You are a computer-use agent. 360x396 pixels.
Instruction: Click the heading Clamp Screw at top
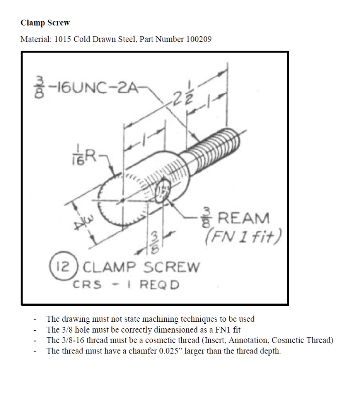pyautogui.click(x=45, y=23)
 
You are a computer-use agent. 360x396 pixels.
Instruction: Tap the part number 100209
pyautogui.click(x=199, y=39)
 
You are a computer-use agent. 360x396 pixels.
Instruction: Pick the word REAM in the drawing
pyautogui.click(x=243, y=218)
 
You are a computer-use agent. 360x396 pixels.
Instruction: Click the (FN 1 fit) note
pyautogui.click(x=243, y=236)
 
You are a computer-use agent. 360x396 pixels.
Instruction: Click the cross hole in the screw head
pyautogui.click(x=162, y=191)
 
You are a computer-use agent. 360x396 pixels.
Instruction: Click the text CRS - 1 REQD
pyautogui.click(x=126, y=285)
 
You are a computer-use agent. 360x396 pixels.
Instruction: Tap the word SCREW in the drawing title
pyautogui.click(x=172, y=267)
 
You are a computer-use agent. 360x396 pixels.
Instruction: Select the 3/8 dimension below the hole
pyautogui.click(x=155, y=242)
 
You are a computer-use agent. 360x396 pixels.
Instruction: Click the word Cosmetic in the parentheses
pyautogui.click(x=288, y=340)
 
